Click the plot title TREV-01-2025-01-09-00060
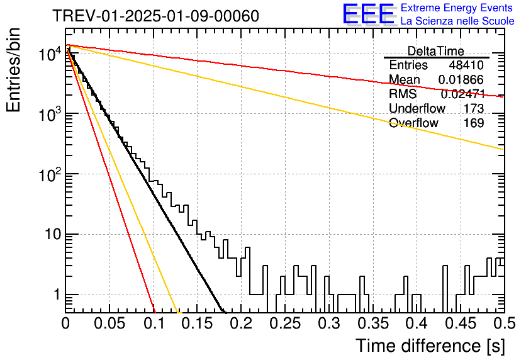pyautogui.click(x=155, y=16)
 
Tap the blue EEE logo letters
pyautogui.click(x=368, y=14)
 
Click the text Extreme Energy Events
pyautogui.click(x=457, y=8)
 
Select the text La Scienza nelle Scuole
pyautogui.click(x=457, y=21)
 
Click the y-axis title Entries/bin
pyautogui.click(x=13, y=70)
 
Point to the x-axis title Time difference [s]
pyautogui.click(x=430, y=346)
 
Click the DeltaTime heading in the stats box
pyautogui.click(x=435, y=51)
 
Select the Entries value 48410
pyautogui.click(x=466, y=65)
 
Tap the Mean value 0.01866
pyautogui.click(x=461, y=79)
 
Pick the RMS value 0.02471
pyautogui.click(x=462, y=94)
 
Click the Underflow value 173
pyautogui.click(x=474, y=108)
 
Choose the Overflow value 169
pyautogui.click(x=474, y=123)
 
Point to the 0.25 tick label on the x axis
pyautogui.click(x=285, y=323)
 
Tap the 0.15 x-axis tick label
pyautogui.click(x=198, y=323)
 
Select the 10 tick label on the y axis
pyautogui.click(x=53, y=234)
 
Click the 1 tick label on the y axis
pyautogui.click(x=57, y=295)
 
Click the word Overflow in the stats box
pyautogui.click(x=413, y=123)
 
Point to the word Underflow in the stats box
pyautogui.click(x=417, y=108)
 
